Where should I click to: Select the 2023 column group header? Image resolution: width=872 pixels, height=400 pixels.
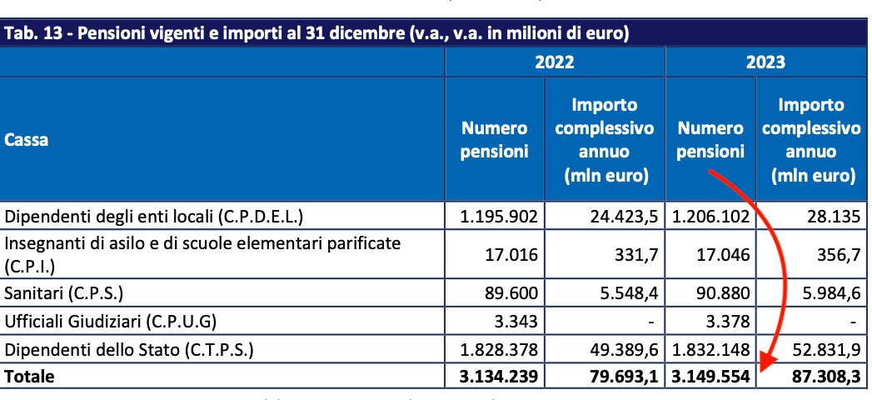765,62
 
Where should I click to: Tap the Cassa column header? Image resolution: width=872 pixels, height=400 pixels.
27,140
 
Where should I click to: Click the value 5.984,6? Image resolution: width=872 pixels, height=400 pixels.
830,293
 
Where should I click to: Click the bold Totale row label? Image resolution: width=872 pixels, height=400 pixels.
30,376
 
